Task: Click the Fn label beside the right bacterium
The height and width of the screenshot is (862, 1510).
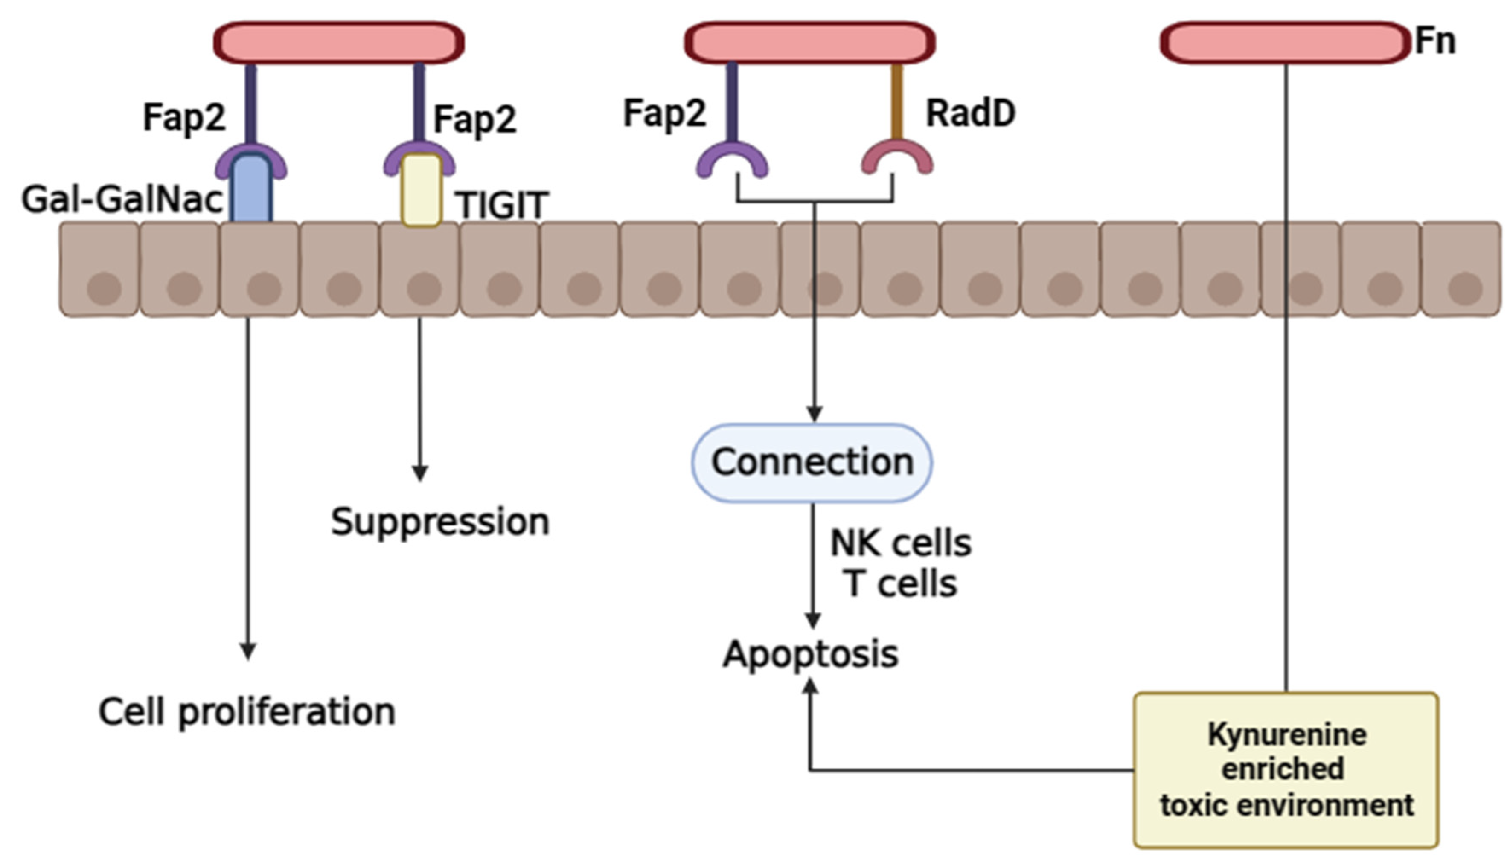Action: coord(1434,41)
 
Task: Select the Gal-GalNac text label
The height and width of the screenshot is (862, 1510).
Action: coord(122,200)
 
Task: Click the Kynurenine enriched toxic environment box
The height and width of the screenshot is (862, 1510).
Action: coord(1286,769)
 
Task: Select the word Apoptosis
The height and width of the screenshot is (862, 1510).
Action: coord(810,654)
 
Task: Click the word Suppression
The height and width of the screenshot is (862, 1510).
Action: coord(439,522)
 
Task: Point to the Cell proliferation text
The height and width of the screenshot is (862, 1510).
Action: coord(246,711)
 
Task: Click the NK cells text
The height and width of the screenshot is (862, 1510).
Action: coord(900,543)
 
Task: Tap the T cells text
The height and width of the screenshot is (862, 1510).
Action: coord(900,584)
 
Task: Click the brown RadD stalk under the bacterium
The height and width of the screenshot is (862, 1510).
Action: coord(896,101)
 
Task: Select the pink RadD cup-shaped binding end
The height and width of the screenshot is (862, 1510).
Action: coord(896,157)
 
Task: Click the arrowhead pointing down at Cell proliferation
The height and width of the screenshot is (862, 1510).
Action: coord(247,651)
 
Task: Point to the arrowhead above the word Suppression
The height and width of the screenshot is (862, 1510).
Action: coord(420,473)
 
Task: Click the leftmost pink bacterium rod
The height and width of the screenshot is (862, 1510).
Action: coord(338,43)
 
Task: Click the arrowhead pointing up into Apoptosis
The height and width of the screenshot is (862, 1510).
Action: coord(810,687)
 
